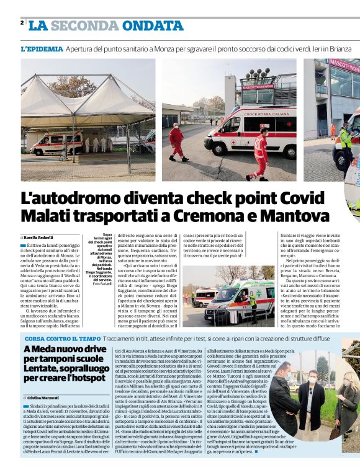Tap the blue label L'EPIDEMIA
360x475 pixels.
(42, 48)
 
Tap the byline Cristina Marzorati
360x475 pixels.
(44, 397)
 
